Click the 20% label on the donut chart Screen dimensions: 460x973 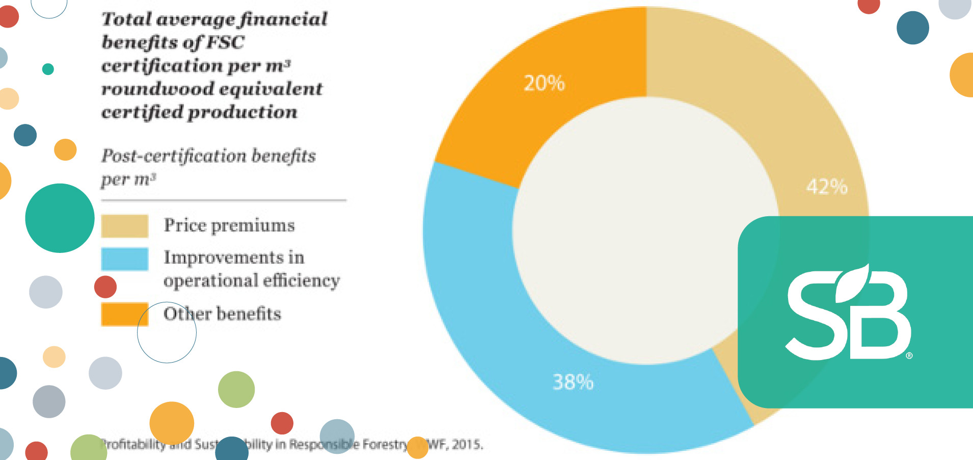544,83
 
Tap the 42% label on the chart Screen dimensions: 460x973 826,187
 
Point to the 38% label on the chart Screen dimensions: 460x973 573,382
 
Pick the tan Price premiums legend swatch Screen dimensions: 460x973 124,226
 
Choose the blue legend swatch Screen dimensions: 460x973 124,259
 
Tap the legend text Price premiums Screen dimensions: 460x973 229,225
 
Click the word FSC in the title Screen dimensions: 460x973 225,42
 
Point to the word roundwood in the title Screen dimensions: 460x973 158,89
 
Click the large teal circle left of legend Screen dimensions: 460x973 60,218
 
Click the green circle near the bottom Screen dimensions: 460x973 236,389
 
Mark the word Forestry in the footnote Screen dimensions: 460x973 385,445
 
